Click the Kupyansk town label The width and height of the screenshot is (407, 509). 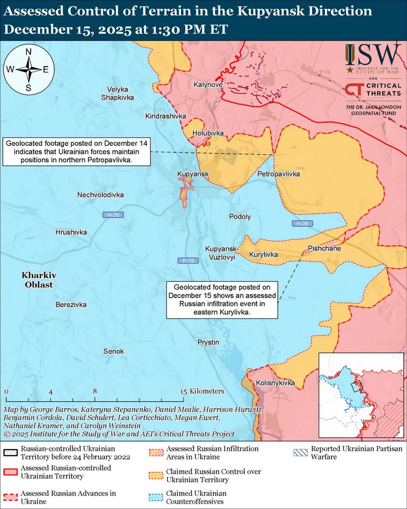[x=193, y=174]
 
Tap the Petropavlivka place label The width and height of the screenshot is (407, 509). [x=278, y=174]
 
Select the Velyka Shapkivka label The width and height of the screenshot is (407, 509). [x=120, y=93]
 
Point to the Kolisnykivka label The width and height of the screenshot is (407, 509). [x=276, y=383]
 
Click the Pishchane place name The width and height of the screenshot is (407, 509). [x=324, y=249]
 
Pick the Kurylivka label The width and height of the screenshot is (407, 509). [x=263, y=255]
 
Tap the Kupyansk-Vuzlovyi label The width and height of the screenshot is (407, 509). [x=221, y=253]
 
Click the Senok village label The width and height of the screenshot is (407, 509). [x=114, y=351]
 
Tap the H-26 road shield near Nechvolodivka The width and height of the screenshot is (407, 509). [x=112, y=215]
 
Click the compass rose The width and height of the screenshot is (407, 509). [x=28, y=69]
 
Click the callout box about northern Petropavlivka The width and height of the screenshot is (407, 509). [x=77, y=151]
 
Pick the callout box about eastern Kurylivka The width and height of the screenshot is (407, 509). [x=222, y=299]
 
